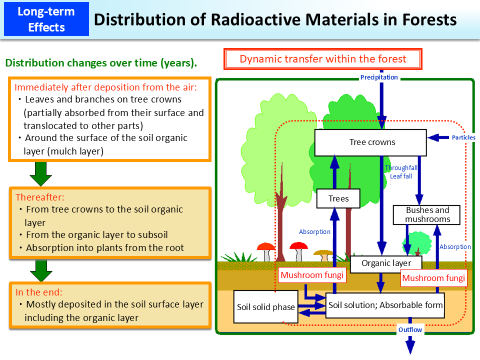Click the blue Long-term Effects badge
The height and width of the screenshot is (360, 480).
(x=45, y=19)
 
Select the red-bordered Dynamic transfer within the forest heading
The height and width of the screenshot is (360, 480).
(x=323, y=59)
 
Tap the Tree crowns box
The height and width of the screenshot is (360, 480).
(x=370, y=142)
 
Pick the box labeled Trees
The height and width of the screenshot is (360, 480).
(x=338, y=198)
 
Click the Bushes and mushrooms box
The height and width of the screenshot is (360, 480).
(x=427, y=214)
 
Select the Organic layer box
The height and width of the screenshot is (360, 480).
(x=386, y=263)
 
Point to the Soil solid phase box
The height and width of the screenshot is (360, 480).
(x=265, y=307)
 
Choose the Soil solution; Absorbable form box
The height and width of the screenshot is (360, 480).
(x=385, y=305)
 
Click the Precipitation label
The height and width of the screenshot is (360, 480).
(x=379, y=77)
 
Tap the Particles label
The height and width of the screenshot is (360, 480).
(x=463, y=137)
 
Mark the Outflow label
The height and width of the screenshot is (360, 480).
(x=410, y=329)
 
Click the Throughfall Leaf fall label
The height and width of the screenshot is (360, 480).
(x=401, y=172)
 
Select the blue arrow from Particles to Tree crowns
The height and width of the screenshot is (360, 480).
(x=439, y=137)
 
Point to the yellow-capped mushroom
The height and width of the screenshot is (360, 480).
(x=324, y=254)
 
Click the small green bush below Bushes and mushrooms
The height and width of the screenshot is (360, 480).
(x=419, y=243)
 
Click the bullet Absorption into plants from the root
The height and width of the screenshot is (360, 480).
(x=105, y=248)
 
